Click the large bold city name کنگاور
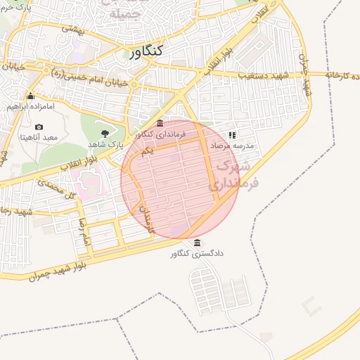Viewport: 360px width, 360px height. (146, 51)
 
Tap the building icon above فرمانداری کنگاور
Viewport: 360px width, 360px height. (160, 122)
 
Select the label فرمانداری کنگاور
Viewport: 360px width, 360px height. (161, 133)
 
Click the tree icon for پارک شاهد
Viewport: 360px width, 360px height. (105, 132)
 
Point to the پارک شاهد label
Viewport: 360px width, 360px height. (105, 143)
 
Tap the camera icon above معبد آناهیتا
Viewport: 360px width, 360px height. (39, 127)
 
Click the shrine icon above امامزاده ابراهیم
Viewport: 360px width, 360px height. (30, 96)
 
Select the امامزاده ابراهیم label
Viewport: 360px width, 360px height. (26, 106)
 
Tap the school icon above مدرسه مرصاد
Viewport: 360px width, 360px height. (231, 134)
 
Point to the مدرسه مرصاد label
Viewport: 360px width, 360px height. (231, 145)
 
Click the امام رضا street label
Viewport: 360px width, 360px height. (85, 232)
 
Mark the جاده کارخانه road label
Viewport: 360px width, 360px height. (344, 75)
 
